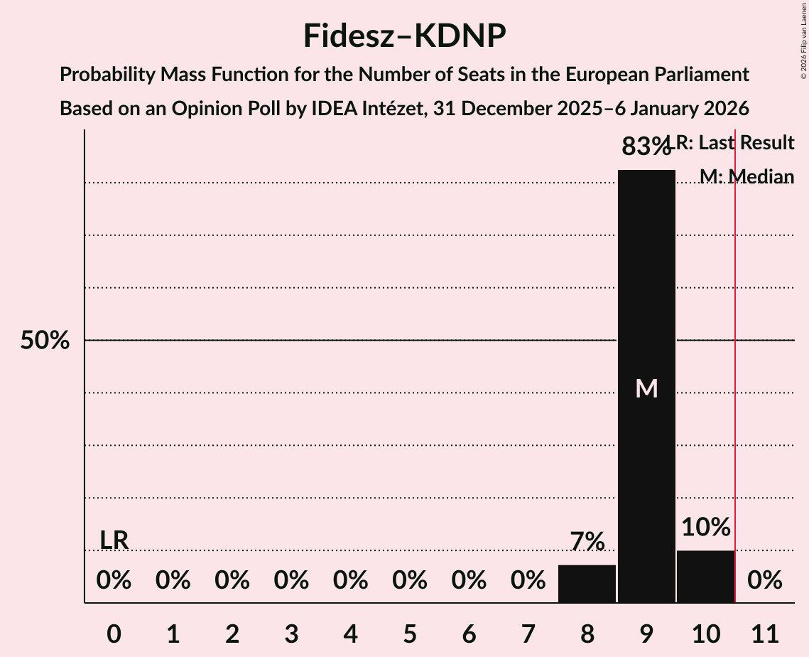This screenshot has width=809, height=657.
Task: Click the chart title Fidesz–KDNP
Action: pos(404,36)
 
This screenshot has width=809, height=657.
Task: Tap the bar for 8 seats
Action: pos(587,584)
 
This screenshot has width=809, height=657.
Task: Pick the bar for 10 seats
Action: pos(705,577)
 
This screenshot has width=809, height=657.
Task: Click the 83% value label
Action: pos(646,146)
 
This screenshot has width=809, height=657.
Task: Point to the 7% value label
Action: pos(587,542)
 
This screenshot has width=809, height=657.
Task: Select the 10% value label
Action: pos(705,528)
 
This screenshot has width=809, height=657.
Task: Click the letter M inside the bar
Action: pos(646,388)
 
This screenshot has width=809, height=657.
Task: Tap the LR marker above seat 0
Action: pos(114,540)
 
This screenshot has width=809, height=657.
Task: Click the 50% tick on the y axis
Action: pos(45,341)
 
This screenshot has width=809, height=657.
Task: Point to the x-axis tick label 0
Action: pos(114,631)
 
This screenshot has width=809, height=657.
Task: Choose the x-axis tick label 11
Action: pos(764,631)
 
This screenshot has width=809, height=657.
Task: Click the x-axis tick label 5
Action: pos(410,631)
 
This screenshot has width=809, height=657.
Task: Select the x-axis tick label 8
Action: pos(587,631)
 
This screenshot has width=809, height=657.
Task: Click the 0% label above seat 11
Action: pos(764,580)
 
